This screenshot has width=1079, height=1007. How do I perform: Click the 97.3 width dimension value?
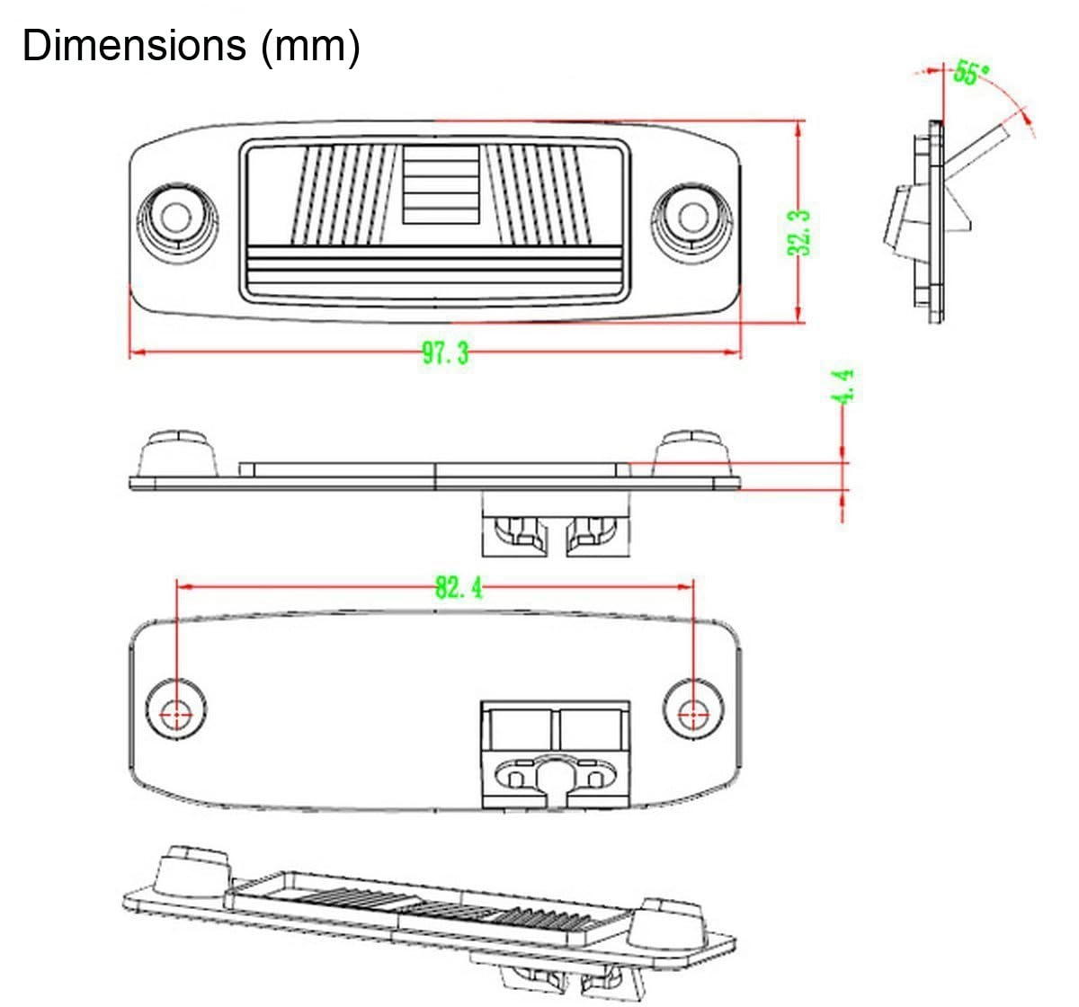coord(445,353)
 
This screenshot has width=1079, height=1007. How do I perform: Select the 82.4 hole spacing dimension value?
coord(459,589)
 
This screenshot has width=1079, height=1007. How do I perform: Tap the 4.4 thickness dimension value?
coord(843,386)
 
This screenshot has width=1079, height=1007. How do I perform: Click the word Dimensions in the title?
coord(133,46)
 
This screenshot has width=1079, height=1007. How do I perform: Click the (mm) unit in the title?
coord(310,46)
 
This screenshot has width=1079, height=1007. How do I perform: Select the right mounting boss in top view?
coord(692,217)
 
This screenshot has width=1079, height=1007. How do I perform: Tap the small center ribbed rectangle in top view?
coord(440,184)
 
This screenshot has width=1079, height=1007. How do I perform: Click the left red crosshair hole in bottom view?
coord(176,715)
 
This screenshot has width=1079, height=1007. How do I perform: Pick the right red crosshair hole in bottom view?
coord(692,715)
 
